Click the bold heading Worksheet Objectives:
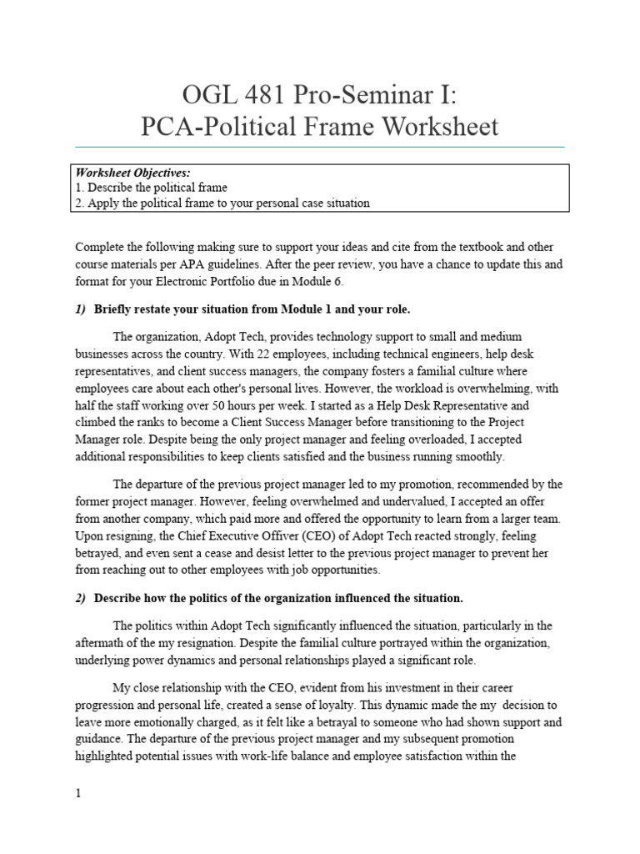[134, 173]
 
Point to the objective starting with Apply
[222, 203]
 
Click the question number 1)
[81, 309]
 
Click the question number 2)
[81, 598]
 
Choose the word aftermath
[104, 642]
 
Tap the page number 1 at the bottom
[78, 794]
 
